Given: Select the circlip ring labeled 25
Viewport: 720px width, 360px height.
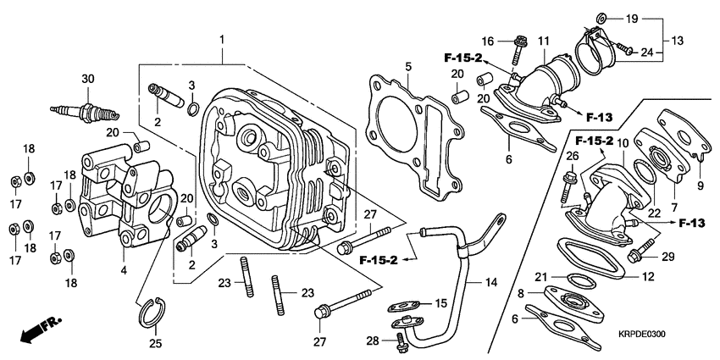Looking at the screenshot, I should (x=152, y=313).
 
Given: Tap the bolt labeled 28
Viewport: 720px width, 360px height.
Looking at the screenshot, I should (x=400, y=341).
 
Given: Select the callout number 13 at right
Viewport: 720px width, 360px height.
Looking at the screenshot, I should (x=677, y=41).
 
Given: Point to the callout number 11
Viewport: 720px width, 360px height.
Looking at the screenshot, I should (x=543, y=41).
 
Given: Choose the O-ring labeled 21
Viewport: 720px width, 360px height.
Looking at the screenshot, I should (x=579, y=280).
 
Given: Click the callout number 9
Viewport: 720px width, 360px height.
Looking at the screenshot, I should (x=700, y=186).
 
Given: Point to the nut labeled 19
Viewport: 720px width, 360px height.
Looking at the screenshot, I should (x=601, y=17).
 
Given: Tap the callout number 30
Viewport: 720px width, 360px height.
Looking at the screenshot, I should (x=86, y=79).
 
